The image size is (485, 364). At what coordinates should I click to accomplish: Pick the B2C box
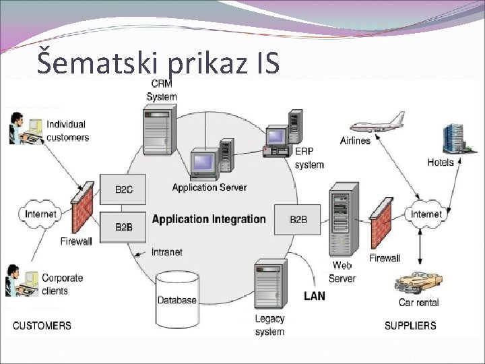tap(123, 189)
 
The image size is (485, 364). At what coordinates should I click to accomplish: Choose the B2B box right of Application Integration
tap(297, 219)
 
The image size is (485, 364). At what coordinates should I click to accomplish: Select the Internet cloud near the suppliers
tap(426, 214)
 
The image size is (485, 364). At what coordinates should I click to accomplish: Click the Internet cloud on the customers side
tap(40, 214)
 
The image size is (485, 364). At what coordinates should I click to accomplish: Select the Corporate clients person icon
tap(21, 282)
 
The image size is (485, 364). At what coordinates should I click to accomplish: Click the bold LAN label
tap(314, 296)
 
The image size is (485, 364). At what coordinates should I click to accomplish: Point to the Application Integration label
tap(209, 219)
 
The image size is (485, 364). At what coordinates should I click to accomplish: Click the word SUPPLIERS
tap(410, 326)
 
